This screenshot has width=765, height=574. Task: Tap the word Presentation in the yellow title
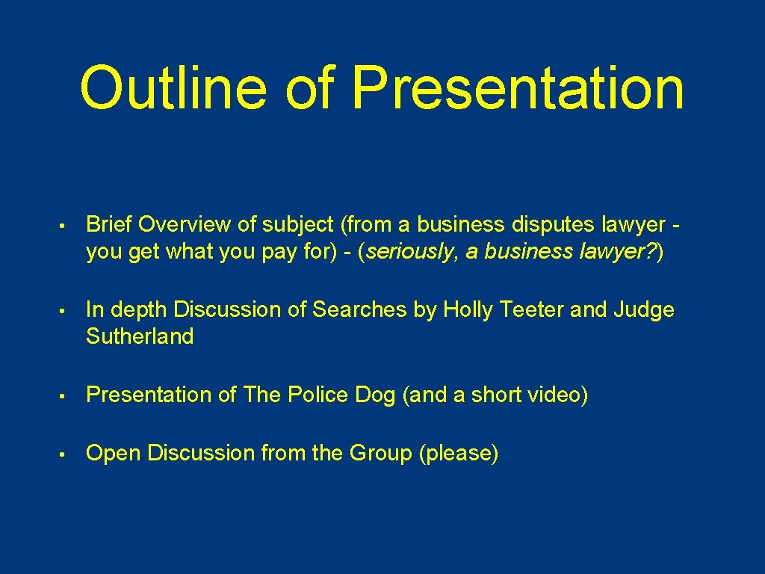518,87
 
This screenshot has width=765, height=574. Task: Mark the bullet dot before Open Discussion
66,454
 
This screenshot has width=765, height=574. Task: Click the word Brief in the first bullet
109,224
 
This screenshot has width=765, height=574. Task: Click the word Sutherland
140,337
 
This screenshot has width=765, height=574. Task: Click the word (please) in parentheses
459,454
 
